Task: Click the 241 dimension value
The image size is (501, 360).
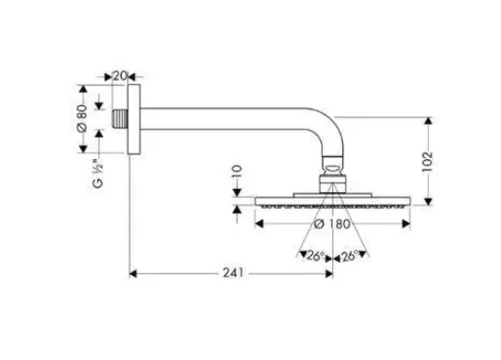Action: pos(233,273)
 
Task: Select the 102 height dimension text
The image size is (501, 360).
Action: pos(427,162)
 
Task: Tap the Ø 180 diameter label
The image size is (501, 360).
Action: pos(332,223)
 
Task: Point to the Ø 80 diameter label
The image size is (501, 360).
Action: pos(82,118)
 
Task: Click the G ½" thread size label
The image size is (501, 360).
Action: pos(97,174)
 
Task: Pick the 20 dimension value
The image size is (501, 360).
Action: pos(119,76)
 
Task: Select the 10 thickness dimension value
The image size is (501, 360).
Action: pos(238,171)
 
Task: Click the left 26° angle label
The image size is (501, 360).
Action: pos(315,257)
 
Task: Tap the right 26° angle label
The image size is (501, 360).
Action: pos(349,257)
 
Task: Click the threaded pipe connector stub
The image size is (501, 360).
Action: pos(120,118)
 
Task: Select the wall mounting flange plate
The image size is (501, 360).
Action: pos(134,119)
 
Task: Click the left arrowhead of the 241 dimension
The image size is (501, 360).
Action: pos(133,274)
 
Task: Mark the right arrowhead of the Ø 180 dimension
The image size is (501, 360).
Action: pos(406,223)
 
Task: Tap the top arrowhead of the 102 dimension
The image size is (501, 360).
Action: pos(428,121)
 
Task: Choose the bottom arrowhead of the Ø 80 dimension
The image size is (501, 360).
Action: pos(83,149)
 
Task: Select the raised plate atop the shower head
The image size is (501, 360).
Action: pos(332,195)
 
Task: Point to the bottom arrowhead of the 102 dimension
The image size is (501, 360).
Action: pos(428,201)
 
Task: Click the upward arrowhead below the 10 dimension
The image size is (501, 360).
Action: pos(237,210)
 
